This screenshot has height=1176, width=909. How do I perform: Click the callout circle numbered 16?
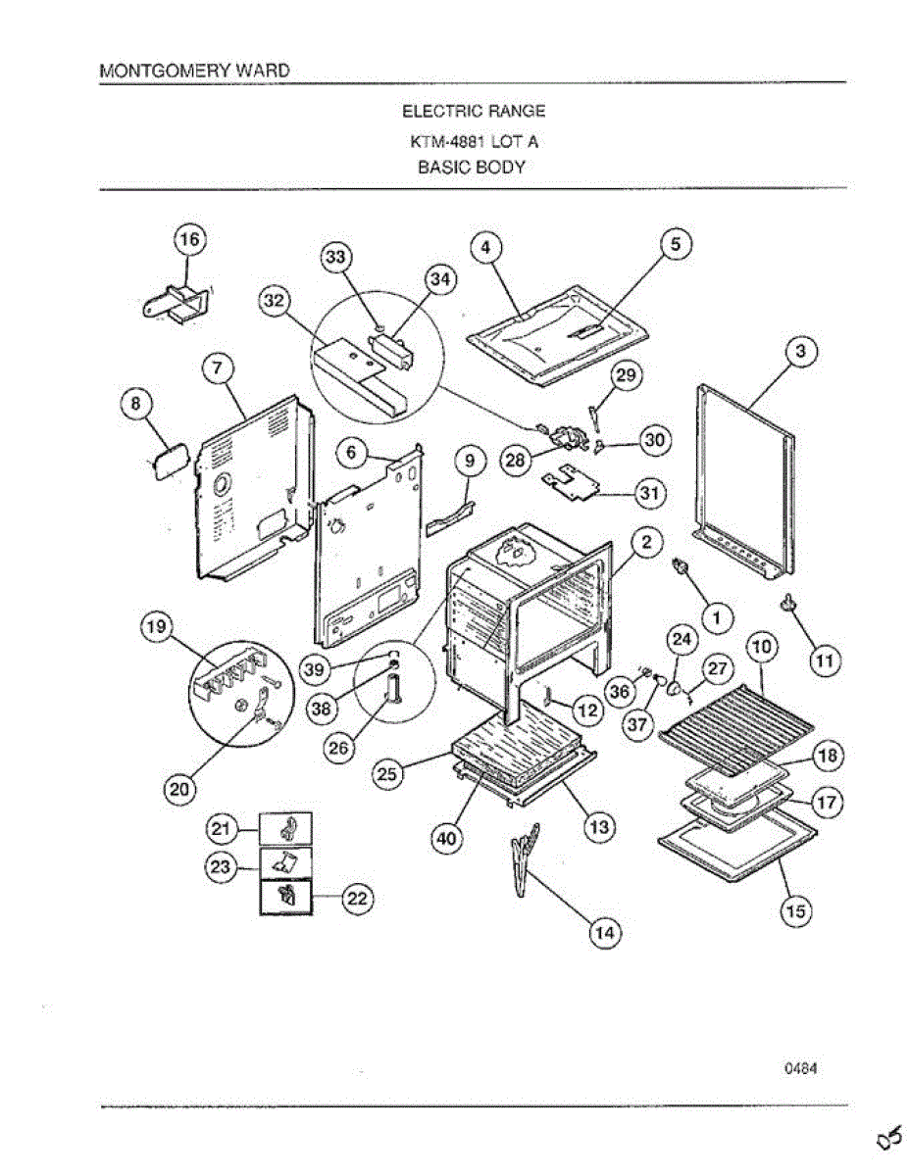pos(189,239)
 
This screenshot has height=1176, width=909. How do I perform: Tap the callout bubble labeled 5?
pos(676,244)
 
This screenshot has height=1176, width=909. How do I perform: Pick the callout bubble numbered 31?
pos(648,493)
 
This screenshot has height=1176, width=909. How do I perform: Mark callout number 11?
pos(826,661)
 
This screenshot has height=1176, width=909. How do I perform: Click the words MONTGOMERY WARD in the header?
pos(194,72)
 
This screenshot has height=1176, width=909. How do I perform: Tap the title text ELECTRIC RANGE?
pos(474,111)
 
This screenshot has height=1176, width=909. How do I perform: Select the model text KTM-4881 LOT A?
pos(474,141)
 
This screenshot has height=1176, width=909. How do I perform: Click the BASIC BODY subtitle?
pos(472,168)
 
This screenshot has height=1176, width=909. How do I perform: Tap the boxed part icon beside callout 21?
pos(285,830)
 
